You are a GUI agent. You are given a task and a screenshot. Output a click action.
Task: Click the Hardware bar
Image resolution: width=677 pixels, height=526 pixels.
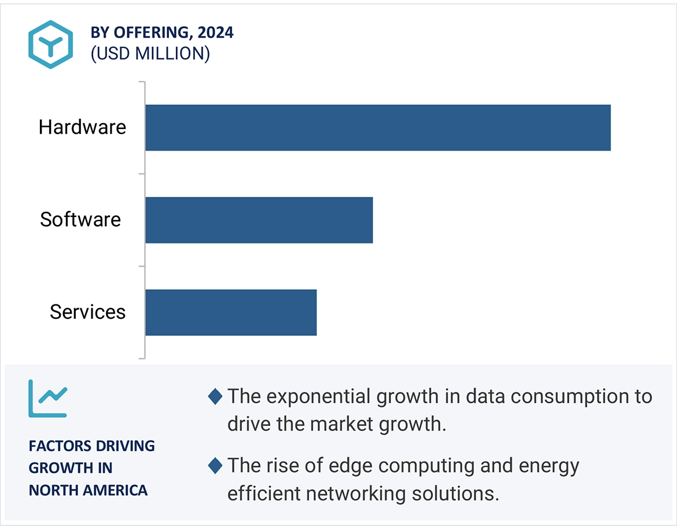[378, 127]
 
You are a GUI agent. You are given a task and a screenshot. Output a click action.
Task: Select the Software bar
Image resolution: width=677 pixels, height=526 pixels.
[259, 220]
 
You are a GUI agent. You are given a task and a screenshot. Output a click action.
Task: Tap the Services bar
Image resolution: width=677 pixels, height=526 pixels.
[231, 312]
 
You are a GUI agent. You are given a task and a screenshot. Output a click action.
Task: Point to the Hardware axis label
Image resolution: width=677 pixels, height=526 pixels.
[82, 127]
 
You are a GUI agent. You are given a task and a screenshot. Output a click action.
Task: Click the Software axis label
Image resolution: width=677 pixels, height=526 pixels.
[80, 220]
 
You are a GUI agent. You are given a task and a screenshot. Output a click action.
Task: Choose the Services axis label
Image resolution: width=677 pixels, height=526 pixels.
[87, 312]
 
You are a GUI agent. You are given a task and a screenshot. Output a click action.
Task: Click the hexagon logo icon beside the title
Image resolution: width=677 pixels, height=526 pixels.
[51, 45]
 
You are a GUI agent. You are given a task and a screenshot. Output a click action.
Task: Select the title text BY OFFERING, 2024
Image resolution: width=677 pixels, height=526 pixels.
[162, 33]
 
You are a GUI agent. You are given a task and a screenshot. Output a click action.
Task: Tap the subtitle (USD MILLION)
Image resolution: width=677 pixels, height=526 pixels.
[150, 54]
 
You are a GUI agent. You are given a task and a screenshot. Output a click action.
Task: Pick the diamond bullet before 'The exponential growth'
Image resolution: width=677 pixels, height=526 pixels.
[215, 397]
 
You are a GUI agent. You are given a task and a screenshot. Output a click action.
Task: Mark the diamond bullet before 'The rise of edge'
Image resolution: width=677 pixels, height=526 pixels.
[215, 465]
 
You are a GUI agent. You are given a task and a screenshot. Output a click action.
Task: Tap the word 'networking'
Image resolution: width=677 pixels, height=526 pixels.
[365, 494]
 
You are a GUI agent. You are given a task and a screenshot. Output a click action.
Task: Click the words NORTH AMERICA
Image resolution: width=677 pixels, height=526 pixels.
[88, 490]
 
